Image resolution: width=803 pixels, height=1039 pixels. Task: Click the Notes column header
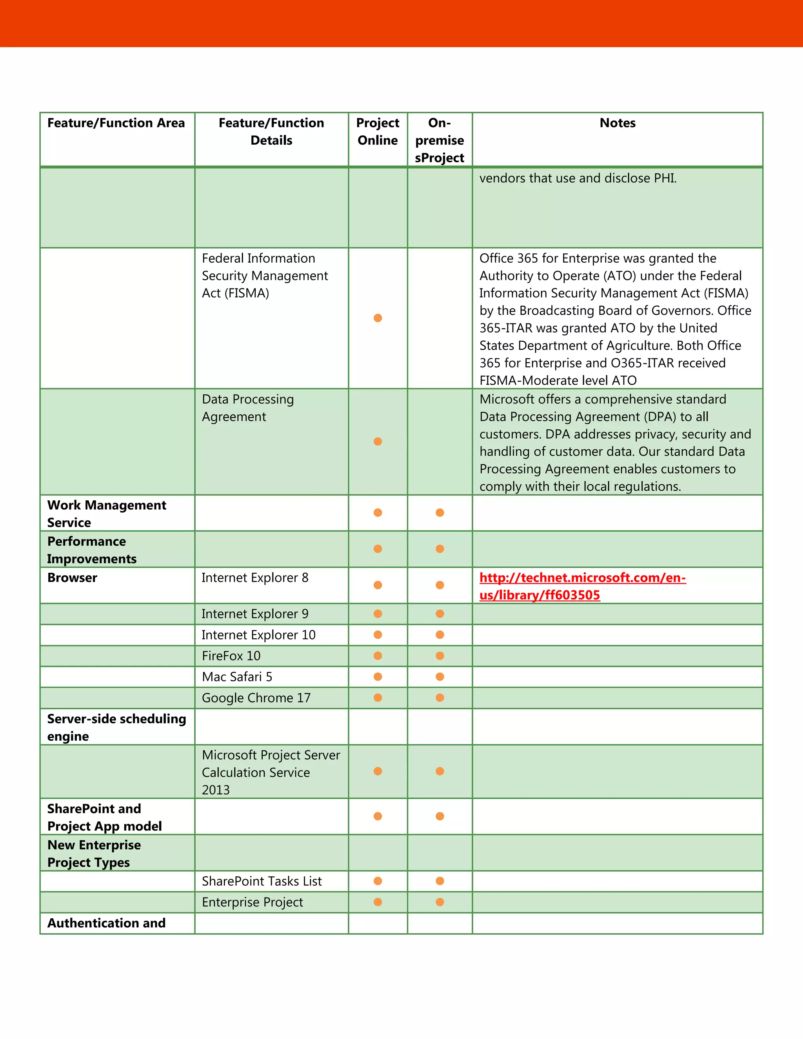point(617,123)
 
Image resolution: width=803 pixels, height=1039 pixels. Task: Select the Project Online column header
point(378,132)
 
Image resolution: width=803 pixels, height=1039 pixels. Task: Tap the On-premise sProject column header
point(440,140)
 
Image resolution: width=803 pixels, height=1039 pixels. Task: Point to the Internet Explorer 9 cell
point(255,614)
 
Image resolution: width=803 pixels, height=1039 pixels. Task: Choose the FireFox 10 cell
point(231,656)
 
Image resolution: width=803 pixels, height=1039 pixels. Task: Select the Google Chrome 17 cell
point(256,698)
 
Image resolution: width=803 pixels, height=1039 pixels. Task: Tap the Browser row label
point(72,578)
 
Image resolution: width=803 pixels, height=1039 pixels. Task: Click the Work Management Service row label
point(107,514)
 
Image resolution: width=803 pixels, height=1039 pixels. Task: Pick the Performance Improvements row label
point(91,550)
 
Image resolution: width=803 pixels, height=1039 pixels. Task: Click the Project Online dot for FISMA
point(378,318)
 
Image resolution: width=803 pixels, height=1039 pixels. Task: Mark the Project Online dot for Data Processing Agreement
point(378,441)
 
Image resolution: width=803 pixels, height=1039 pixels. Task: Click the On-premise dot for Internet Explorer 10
point(440,635)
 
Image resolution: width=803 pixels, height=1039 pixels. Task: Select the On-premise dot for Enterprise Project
point(440,902)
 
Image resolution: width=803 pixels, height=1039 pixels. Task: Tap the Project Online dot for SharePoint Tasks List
point(378,881)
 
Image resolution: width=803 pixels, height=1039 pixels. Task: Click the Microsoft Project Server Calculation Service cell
point(271,772)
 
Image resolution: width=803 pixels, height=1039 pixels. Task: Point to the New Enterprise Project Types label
point(94,854)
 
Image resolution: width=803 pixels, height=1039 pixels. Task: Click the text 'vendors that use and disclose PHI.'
point(578,178)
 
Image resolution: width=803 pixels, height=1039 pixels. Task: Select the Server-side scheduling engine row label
point(116,727)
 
